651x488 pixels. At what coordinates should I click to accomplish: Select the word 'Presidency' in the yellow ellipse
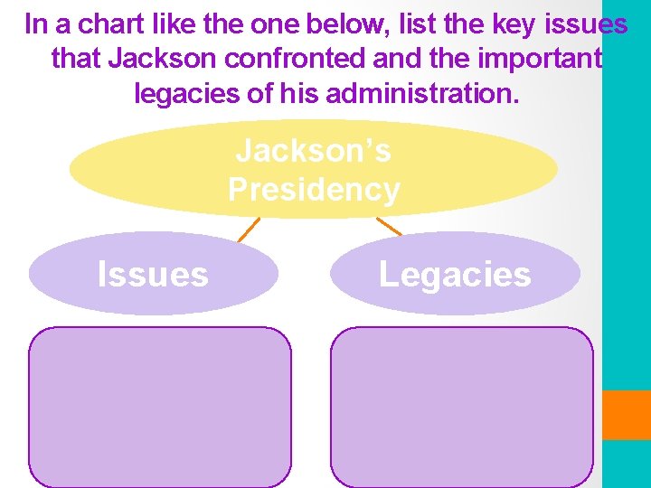tap(314, 190)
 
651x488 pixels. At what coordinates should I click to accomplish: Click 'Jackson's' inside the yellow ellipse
tap(314, 151)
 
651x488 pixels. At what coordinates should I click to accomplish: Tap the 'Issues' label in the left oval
tap(153, 274)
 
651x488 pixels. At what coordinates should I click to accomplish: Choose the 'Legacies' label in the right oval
tap(455, 274)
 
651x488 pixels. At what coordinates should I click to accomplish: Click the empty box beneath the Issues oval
tap(160, 407)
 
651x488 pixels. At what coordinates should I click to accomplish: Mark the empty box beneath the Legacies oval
tap(461, 407)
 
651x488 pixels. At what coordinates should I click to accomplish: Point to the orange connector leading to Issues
tap(249, 230)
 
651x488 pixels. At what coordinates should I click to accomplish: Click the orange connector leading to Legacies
tap(389, 226)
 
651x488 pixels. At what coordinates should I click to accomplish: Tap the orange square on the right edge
tap(627, 415)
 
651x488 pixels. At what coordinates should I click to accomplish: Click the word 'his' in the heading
tap(296, 92)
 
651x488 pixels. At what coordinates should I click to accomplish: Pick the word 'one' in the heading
tap(278, 24)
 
